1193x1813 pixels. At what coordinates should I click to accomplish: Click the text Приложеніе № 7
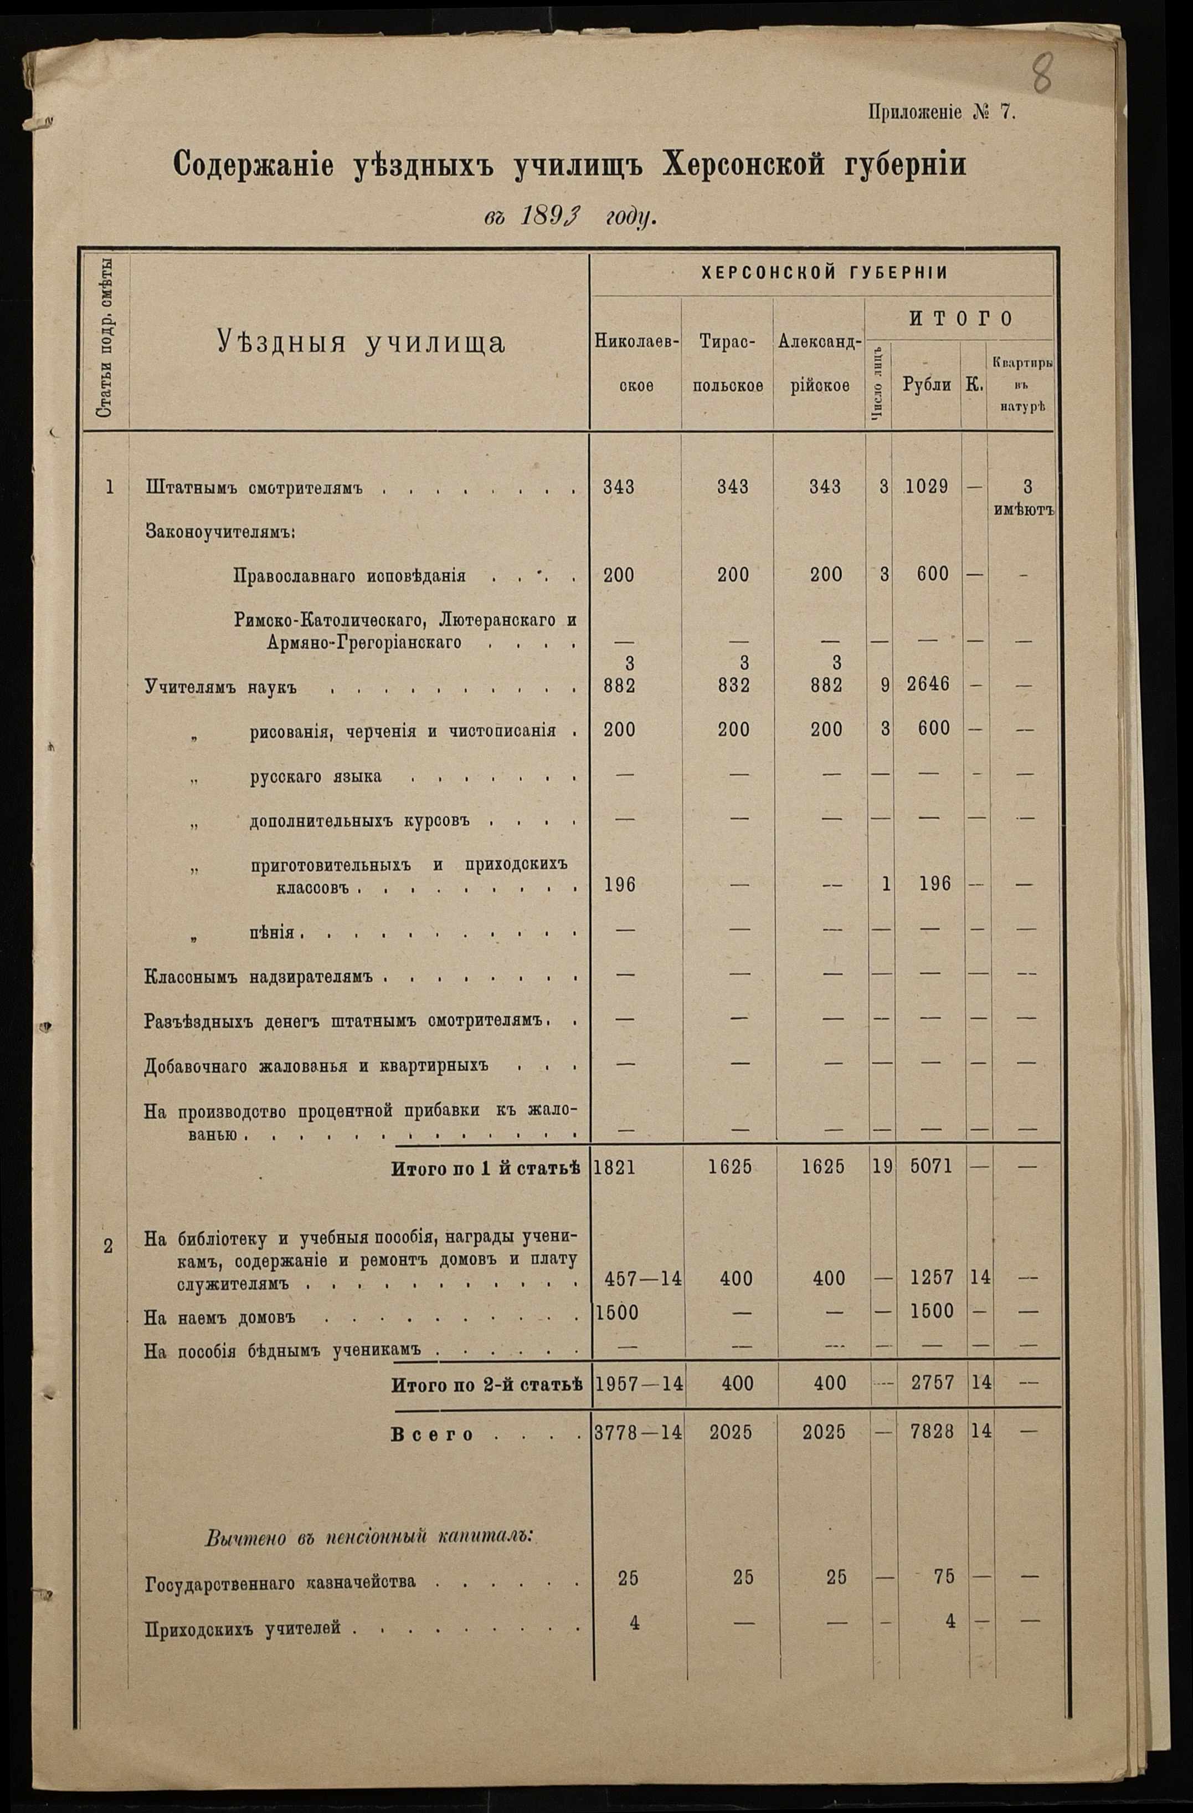coord(942,113)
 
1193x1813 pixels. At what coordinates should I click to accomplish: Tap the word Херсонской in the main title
coord(742,165)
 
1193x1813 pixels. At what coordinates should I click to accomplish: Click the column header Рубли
coord(926,385)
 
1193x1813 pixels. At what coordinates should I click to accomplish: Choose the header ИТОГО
coord(959,318)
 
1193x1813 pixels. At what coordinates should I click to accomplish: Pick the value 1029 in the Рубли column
coord(927,486)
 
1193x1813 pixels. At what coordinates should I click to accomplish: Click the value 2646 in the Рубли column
coord(927,684)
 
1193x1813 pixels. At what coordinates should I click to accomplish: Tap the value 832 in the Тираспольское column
coord(733,686)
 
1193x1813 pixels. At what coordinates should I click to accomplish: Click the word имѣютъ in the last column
coord(1023,509)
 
